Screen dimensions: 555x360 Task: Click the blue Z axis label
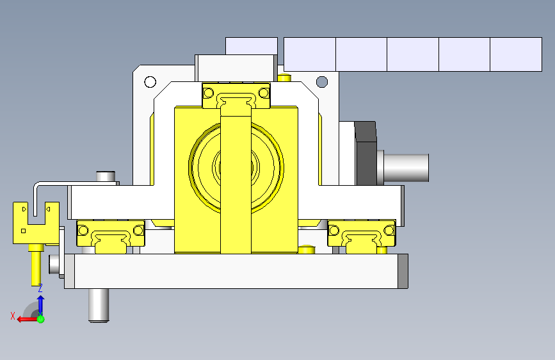click(x=40, y=288)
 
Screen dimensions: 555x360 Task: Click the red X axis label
click(x=13, y=316)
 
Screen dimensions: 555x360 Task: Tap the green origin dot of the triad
click(x=41, y=319)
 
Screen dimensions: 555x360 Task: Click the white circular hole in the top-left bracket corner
click(x=150, y=82)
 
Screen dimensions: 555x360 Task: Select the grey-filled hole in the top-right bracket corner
click(x=322, y=82)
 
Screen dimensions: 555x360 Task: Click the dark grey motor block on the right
click(x=366, y=153)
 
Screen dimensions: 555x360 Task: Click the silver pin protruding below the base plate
click(x=99, y=305)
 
